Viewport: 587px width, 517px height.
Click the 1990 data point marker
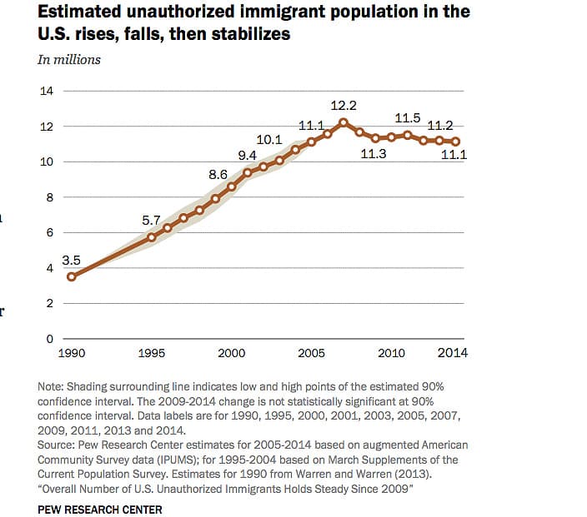[72, 276]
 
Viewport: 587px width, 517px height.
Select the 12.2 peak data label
[344, 106]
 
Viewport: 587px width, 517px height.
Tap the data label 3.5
[72, 260]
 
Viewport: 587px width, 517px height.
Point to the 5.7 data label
[150, 221]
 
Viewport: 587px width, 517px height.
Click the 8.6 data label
[218, 175]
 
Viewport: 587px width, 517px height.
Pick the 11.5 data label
[407, 119]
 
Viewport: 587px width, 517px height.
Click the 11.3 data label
[373, 154]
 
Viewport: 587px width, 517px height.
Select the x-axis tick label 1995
[152, 353]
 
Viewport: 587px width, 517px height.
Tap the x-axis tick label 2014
[453, 353]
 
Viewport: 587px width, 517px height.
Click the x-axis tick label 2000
[232, 353]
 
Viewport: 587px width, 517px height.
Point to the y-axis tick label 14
[48, 91]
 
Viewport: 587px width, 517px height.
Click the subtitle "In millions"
[69, 59]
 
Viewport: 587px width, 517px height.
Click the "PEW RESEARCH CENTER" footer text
[100, 509]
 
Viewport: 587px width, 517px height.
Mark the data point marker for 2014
[456, 142]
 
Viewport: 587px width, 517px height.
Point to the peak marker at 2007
[344, 122]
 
